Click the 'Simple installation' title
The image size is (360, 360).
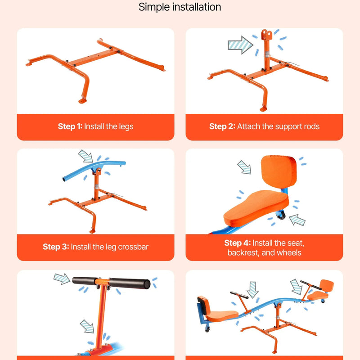pyautogui.click(x=180, y=7)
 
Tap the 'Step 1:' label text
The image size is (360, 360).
pyautogui.click(x=70, y=126)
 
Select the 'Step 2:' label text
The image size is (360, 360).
pyautogui.click(x=222, y=126)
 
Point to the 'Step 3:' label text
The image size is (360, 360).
pyautogui.click(x=56, y=247)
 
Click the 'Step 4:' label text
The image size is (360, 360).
pyautogui.click(x=238, y=243)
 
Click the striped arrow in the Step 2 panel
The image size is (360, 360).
pyautogui.click(x=240, y=45)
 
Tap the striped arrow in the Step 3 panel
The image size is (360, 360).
pyautogui.click(x=85, y=156)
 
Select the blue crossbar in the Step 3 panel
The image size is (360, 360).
pyautogui.click(x=94, y=170)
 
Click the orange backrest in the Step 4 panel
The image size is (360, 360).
pyautogui.click(x=279, y=172)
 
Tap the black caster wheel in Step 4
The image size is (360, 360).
pyautogui.click(x=280, y=216)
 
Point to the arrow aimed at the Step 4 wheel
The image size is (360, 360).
pyautogui.click(x=297, y=220)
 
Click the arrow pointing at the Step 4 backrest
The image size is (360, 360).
pyautogui.click(x=244, y=167)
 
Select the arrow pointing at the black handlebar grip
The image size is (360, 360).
pyautogui.click(x=62, y=279)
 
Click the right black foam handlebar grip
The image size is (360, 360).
pyautogui.click(x=130, y=283)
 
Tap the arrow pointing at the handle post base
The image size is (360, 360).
pyautogui.click(x=87, y=326)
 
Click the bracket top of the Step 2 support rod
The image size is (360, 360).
pyautogui.click(x=266, y=34)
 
